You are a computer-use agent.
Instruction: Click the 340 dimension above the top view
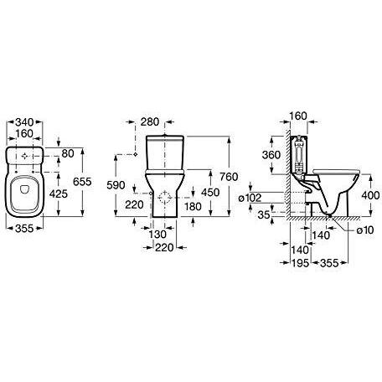(x=24, y=122)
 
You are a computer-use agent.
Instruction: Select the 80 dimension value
(x=68, y=153)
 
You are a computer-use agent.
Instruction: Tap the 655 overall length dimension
(x=82, y=182)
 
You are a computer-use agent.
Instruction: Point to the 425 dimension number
(x=59, y=194)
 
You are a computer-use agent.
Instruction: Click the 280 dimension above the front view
(x=150, y=121)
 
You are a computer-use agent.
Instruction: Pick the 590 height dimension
(x=116, y=185)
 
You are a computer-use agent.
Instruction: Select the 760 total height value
(x=229, y=177)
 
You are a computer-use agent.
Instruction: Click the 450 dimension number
(x=210, y=192)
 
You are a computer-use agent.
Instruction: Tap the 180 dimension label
(x=193, y=207)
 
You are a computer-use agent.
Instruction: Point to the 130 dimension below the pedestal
(x=157, y=234)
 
